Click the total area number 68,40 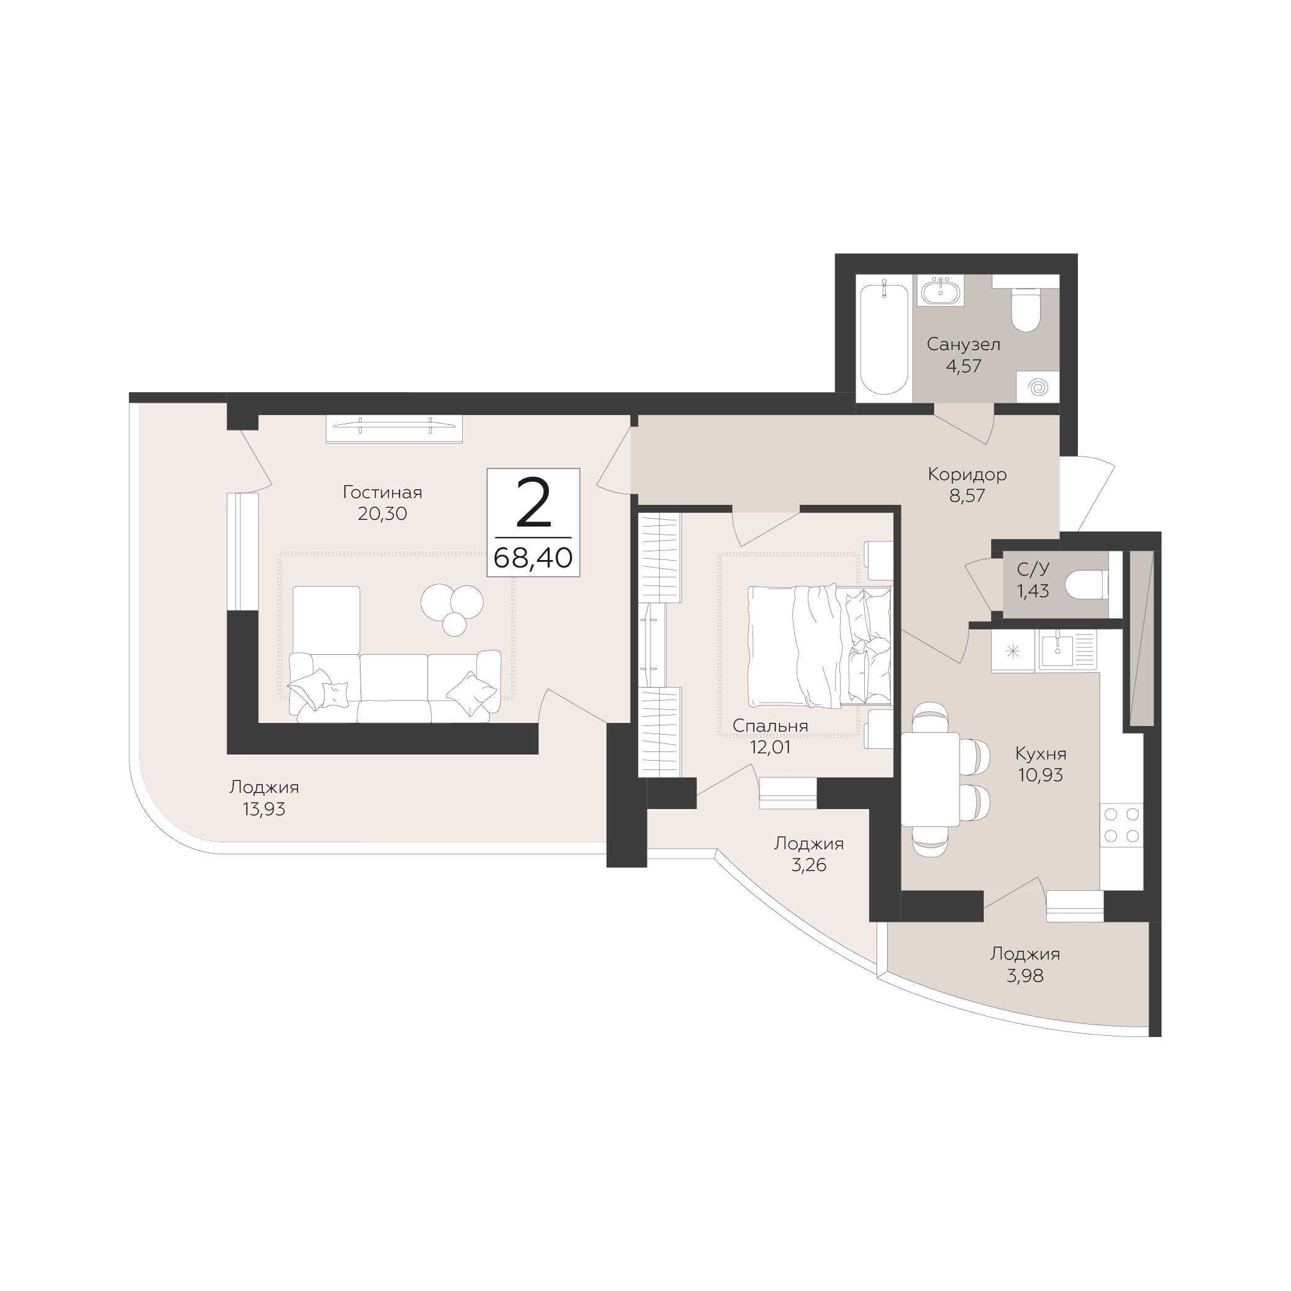(x=533, y=558)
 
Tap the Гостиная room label (x=382, y=492)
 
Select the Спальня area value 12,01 (x=771, y=747)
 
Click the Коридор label (x=967, y=475)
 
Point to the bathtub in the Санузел (x=883, y=339)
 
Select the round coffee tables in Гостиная (x=452, y=608)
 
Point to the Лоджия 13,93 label (x=264, y=798)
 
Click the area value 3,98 (x=1025, y=976)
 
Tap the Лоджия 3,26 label (x=808, y=854)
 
